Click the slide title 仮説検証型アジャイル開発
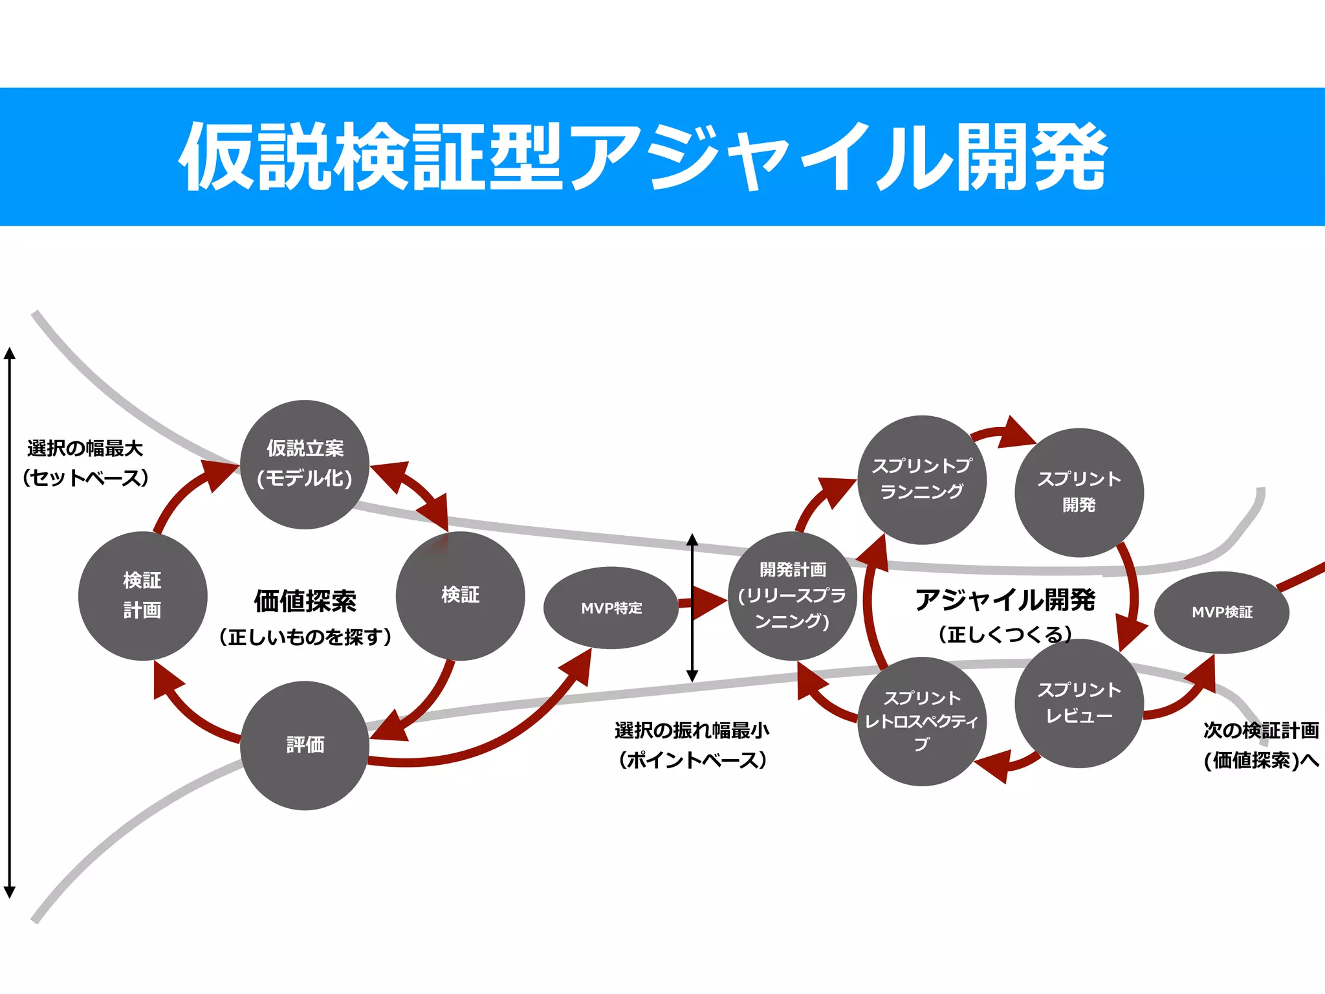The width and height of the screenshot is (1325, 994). (x=643, y=157)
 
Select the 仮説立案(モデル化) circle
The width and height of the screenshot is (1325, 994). (x=304, y=464)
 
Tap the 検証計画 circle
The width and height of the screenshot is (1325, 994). (x=142, y=595)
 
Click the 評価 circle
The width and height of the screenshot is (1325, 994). (x=304, y=745)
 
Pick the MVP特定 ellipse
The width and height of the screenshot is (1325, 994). (x=611, y=608)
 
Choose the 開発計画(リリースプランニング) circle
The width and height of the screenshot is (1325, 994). (x=793, y=595)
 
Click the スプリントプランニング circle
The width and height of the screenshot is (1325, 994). (x=921, y=480)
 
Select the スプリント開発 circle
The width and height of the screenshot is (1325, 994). (x=1079, y=492)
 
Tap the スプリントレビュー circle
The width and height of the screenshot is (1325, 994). (x=1079, y=703)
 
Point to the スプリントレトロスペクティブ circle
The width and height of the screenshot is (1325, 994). (x=921, y=721)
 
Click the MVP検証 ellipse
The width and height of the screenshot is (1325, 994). (x=1221, y=612)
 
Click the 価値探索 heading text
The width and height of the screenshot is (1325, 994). (x=305, y=601)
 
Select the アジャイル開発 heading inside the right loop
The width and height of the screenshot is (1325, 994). (x=1005, y=600)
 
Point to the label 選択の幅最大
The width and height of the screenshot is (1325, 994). (x=85, y=448)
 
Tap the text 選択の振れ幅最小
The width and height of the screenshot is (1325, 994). (x=692, y=731)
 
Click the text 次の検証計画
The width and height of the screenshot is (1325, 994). (x=1261, y=731)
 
